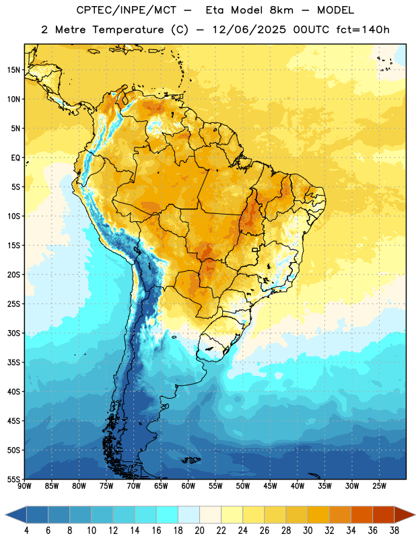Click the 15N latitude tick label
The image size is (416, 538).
[x=13, y=70]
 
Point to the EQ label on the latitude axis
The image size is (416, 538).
[x=15, y=158]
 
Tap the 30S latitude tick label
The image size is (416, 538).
[x=13, y=333]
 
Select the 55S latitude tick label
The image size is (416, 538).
[x=13, y=479]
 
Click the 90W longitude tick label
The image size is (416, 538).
[x=24, y=486]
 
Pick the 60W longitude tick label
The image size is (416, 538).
[x=188, y=486]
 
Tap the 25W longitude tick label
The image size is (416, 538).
[x=379, y=486]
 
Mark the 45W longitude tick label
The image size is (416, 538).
[x=270, y=486]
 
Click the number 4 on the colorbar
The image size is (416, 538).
[x=26, y=531]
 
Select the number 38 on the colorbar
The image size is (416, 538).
[x=394, y=531]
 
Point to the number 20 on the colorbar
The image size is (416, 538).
[x=199, y=531]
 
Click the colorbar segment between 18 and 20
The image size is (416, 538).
[x=188, y=515]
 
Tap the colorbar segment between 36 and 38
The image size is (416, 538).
[x=384, y=515]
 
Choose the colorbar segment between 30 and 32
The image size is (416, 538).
[x=318, y=515]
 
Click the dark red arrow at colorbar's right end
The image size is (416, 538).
[x=405, y=515]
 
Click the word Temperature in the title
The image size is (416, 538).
[x=128, y=30]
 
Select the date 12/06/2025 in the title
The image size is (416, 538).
[x=248, y=30]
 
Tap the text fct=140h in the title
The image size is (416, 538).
[x=363, y=30]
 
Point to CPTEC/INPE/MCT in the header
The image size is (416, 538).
[x=127, y=10]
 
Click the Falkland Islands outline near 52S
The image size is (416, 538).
[x=191, y=460]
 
